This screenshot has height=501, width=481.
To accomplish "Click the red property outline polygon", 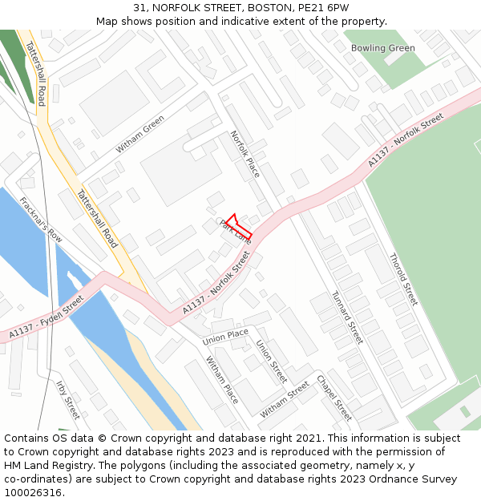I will click(x=240, y=226).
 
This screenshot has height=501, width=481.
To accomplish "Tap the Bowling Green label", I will click(x=382, y=48).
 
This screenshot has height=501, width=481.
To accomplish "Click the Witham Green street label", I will click(x=140, y=134).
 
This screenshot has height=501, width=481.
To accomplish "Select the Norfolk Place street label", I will click(x=245, y=154).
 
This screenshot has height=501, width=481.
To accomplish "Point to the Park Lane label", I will click(x=236, y=232).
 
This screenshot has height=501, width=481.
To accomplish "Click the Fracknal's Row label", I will click(x=41, y=220).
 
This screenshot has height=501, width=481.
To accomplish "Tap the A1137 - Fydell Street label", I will click(x=46, y=317).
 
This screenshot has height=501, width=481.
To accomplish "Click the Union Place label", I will click(x=226, y=337).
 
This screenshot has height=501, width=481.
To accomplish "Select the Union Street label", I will click(x=271, y=362).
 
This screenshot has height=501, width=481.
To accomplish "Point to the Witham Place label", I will click(x=222, y=380).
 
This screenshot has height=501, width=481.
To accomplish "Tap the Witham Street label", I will click(x=285, y=399).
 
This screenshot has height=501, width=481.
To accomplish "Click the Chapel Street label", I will click(x=333, y=398).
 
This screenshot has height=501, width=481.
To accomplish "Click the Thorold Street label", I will click(x=403, y=279).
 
